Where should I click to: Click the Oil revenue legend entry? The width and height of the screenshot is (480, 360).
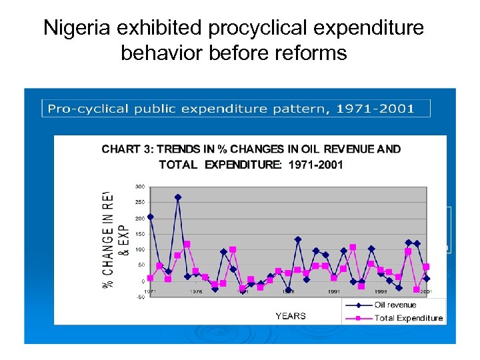pos(395,305)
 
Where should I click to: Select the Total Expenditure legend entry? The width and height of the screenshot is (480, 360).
pos(408,318)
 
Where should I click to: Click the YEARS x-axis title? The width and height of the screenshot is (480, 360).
pos(291,316)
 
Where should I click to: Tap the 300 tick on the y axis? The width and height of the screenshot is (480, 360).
pos(140,186)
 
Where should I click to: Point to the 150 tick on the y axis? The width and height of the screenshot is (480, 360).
pos(140,234)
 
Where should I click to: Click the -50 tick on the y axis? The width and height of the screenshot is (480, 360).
pos(140,297)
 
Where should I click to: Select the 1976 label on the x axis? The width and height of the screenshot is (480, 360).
pos(196,291)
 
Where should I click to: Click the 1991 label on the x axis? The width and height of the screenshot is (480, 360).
pos(334,291)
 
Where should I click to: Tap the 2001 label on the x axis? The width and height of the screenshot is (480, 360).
pos(426,291)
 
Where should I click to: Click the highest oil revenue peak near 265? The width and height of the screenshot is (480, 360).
pos(178,197)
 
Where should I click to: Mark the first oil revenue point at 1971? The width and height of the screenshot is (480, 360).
pos(151,217)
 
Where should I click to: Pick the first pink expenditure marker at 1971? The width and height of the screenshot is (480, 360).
pos(151,278)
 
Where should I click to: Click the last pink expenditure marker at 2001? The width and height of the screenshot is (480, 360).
pos(426,267)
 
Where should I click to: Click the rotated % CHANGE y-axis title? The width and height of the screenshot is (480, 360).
pos(110,239)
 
